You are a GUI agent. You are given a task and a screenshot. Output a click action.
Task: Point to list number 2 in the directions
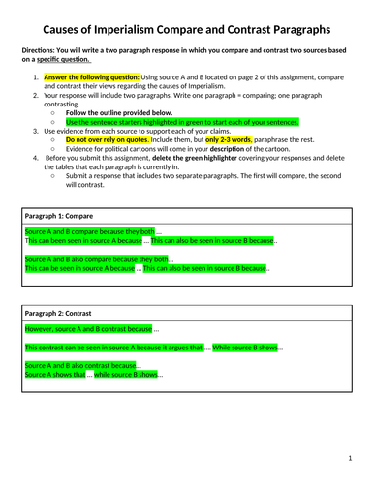coord(36,100)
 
